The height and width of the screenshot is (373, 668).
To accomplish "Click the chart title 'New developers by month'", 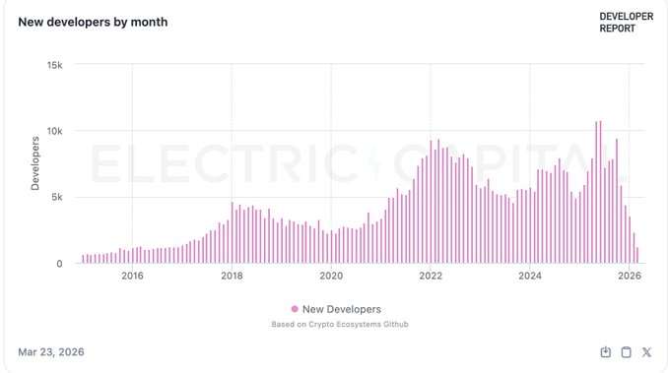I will pyautogui.click(x=93, y=22).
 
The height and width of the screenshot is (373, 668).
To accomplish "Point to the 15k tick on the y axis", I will pyautogui.click(x=54, y=64).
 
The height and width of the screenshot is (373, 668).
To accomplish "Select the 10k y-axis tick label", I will pyautogui.click(x=54, y=131).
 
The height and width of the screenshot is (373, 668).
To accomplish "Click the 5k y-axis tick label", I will pyautogui.click(x=57, y=197).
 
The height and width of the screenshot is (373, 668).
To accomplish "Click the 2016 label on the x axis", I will pyautogui.click(x=132, y=277).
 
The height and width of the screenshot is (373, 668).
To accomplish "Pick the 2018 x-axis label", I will pyautogui.click(x=232, y=277).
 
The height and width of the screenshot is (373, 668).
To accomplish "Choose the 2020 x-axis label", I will pyautogui.click(x=331, y=277).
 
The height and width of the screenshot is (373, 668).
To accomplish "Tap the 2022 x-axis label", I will pyautogui.click(x=431, y=277).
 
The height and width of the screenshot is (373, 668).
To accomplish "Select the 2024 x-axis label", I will pyautogui.click(x=530, y=277).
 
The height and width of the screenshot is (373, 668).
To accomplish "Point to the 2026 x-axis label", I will pyautogui.click(x=629, y=277).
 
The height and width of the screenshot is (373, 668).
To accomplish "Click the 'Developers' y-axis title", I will pyautogui.click(x=34, y=163).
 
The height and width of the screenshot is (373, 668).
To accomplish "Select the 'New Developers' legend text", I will pyautogui.click(x=341, y=309).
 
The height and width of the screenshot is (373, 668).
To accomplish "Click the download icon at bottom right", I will pyautogui.click(x=606, y=352).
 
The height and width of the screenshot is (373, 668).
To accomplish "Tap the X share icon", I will pyautogui.click(x=646, y=352).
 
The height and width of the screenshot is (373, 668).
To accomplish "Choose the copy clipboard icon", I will pyautogui.click(x=626, y=352).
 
